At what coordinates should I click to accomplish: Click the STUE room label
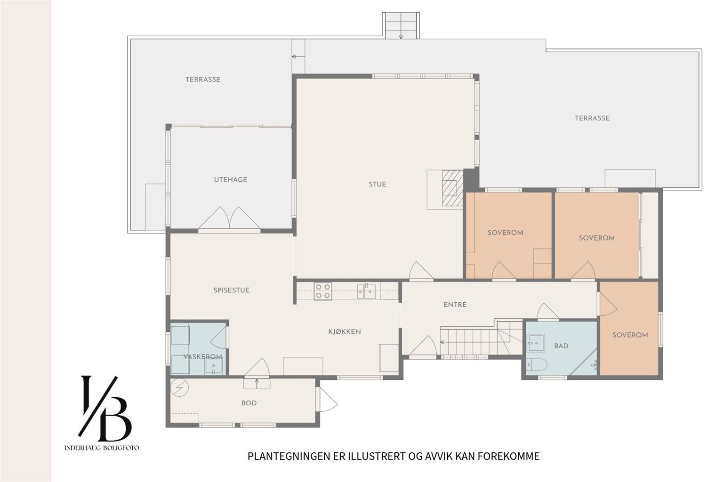pos(378,185)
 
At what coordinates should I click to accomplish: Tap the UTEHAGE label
pos(231,180)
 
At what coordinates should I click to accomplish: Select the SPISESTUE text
pos(231,290)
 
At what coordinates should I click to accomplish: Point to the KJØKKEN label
pos(345,331)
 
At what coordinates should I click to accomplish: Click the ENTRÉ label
pos(455,305)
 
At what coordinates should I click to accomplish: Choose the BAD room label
pos(561,346)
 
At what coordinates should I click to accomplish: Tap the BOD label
pos(249,403)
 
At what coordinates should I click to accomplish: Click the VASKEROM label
pos(203,357)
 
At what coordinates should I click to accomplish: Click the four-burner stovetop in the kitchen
pos(323,291)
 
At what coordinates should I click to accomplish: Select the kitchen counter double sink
pos(366,291)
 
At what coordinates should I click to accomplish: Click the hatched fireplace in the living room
pos(452,188)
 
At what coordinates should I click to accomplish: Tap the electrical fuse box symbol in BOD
pos(179,387)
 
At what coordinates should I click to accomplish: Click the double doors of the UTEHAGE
pos(230,218)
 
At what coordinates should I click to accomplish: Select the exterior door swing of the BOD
pos(327,399)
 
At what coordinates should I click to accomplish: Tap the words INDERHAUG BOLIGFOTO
pos(102,448)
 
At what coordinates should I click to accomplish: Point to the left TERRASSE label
pos(203,80)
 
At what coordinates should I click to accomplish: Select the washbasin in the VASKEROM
pos(213,366)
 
